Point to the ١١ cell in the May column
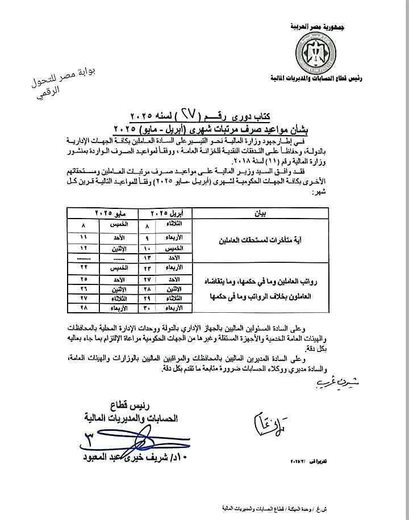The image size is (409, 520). pos(84,237)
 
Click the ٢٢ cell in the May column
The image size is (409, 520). pos(84,267)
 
